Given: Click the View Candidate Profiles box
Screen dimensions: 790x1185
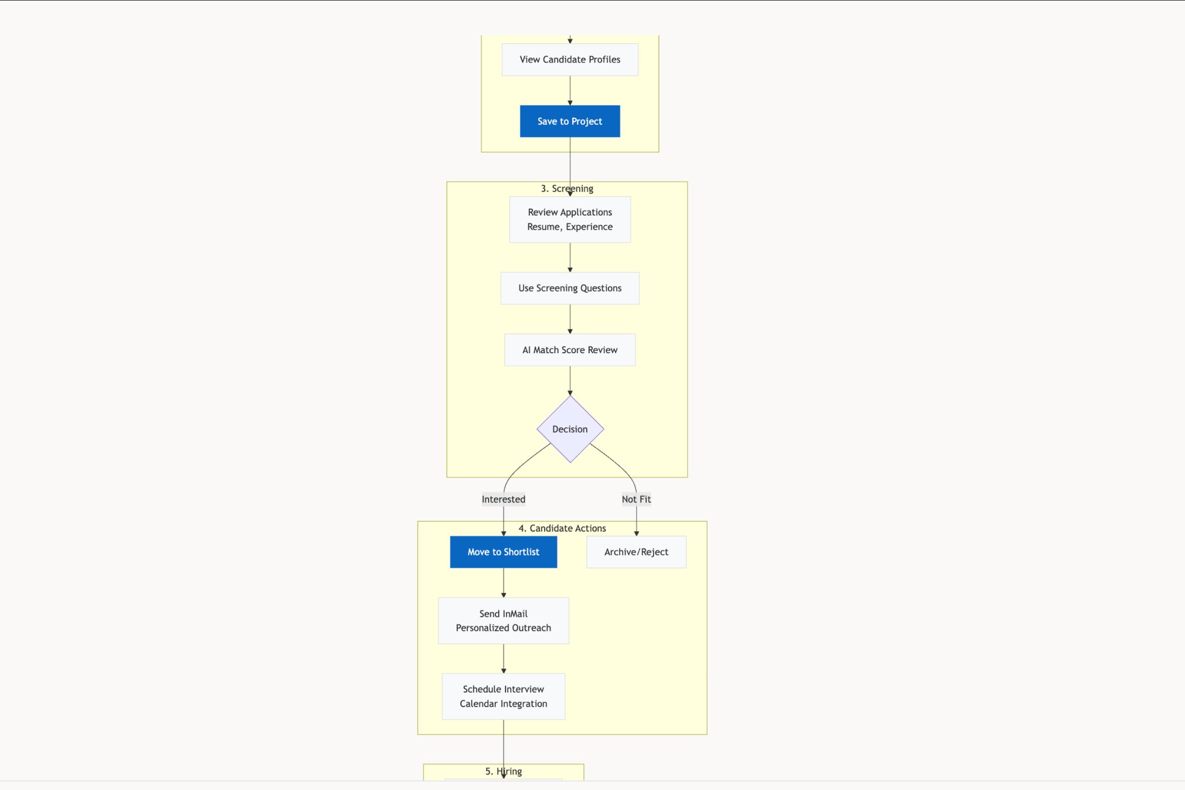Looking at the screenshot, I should pos(569,59).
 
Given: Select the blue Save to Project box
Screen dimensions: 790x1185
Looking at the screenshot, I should pos(569,121).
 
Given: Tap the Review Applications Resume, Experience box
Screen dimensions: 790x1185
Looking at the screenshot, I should pos(569,219).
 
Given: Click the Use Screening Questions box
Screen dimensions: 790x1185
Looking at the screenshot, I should pos(569,288).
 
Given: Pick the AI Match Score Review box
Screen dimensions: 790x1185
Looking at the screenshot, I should pos(569,350).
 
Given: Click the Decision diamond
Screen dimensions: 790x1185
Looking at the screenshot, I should pos(569,429).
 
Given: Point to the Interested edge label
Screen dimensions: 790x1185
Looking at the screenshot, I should pos(503,499).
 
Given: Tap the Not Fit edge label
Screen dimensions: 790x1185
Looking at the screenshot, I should pos(636,499).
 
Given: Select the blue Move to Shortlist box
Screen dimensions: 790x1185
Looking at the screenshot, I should pos(503,552).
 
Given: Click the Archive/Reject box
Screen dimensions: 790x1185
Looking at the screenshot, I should pos(636,552).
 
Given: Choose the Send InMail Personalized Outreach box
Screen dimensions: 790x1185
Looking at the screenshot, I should pos(503,621).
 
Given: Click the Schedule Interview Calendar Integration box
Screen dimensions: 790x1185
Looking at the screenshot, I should pos(503,696).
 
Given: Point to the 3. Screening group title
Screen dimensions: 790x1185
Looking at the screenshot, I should pos(566,188).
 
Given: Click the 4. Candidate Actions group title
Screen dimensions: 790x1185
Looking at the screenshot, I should pos(562,528).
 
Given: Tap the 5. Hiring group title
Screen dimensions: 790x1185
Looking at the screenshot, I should pos(503,771).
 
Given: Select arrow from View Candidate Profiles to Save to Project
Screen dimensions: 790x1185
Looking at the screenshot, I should pos(570,90).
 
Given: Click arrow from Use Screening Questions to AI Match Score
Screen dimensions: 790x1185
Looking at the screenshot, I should pos(570,319).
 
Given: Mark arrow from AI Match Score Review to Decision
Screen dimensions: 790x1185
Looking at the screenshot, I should pos(570,380).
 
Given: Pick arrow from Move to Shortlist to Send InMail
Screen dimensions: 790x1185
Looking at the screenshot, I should pos(504,583).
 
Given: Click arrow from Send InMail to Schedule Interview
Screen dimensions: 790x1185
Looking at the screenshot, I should pos(504,658).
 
